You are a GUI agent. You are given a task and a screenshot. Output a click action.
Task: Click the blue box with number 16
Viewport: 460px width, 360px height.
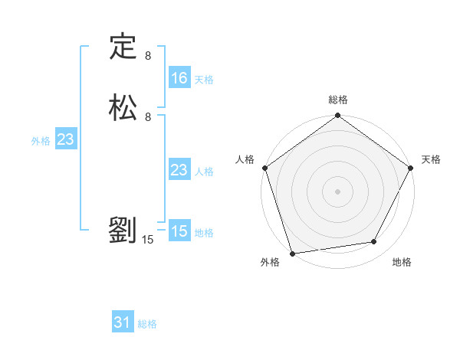click(179, 78)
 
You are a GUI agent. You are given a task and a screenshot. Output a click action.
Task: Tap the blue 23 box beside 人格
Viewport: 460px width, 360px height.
click(179, 170)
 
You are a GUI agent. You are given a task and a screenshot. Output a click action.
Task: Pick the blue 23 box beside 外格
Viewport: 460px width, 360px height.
click(65, 139)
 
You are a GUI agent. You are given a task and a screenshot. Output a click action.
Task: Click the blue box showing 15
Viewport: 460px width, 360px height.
click(179, 231)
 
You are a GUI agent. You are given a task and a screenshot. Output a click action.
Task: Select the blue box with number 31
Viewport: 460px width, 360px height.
click(123, 323)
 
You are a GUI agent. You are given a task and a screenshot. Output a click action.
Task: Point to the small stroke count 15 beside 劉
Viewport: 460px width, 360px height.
click(148, 240)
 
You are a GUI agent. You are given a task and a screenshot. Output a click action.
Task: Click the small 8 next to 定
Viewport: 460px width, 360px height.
click(148, 56)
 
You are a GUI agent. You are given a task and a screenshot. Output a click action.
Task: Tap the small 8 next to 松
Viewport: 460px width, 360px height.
click(148, 117)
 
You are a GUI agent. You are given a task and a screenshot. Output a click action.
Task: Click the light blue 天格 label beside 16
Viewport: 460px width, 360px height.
click(204, 80)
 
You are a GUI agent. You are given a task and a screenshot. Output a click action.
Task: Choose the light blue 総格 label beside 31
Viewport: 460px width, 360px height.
click(147, 325)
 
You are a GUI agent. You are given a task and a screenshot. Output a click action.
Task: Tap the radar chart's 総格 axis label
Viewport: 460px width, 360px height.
click(338, 100)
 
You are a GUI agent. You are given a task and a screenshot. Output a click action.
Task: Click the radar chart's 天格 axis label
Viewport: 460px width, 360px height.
click(431, 159)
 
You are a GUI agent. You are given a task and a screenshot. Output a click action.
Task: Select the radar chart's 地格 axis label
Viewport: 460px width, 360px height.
click(402, 262)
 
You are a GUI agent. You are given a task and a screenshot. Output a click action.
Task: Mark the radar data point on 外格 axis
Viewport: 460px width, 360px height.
click(292, 253)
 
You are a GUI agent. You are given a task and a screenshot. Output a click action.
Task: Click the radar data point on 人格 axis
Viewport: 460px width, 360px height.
click(264, 168)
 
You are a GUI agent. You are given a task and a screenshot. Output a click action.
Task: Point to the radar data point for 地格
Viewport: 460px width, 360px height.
click(374, 241)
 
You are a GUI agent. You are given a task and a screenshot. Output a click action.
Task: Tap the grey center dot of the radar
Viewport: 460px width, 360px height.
click(338, 191)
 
